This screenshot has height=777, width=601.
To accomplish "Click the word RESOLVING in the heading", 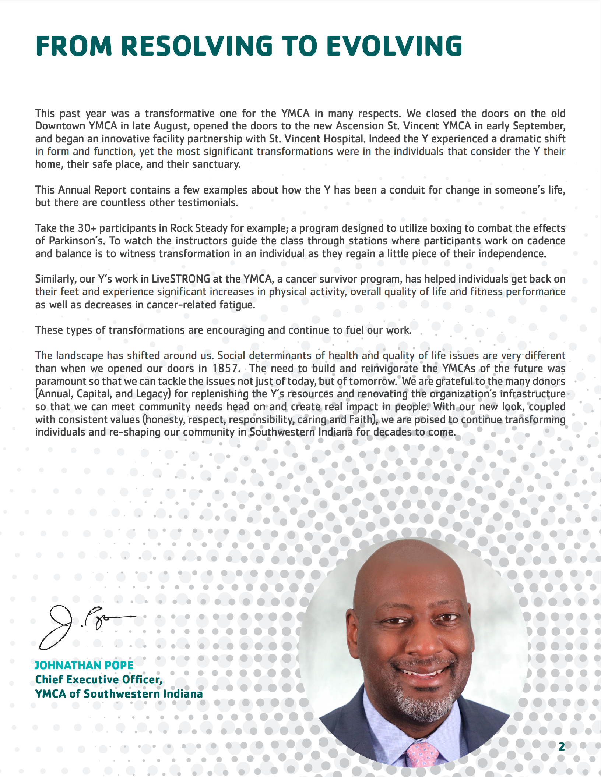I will [197, 46].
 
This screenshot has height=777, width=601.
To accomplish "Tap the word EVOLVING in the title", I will [394, 46].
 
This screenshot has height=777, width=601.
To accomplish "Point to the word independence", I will [512, 253].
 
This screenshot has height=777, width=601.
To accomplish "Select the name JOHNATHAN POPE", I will [84, 665].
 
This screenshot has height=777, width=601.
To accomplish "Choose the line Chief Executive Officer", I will [99, 680].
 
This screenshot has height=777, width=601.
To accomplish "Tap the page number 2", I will [562, 746].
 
